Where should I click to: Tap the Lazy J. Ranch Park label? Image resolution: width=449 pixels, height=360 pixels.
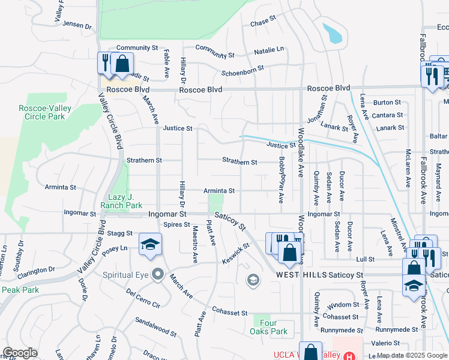point(125,201)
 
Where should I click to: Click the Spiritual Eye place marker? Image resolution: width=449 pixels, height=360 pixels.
point(157,274)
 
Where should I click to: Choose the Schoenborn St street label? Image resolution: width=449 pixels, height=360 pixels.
point(243,70)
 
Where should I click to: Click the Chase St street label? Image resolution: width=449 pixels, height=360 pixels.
point(262,22)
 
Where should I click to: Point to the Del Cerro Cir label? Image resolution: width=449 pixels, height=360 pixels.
point(143,298)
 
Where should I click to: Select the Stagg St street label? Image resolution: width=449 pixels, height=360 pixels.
point(121,233)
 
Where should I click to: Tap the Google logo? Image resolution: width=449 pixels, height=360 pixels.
point(20,353)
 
